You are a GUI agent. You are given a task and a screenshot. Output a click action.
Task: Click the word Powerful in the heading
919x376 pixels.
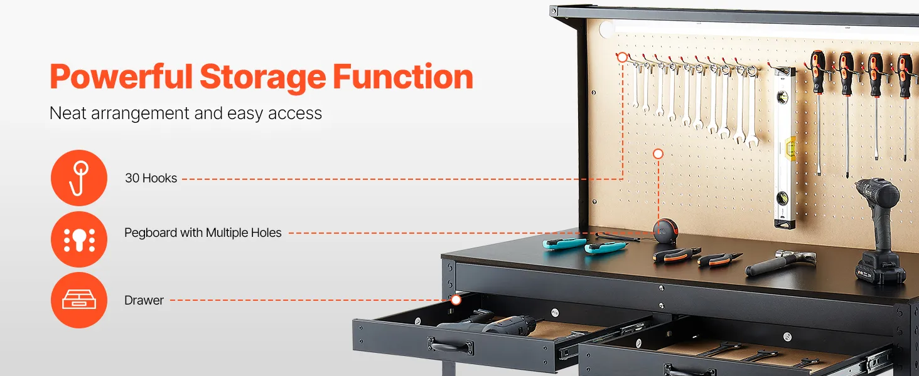[121, 76]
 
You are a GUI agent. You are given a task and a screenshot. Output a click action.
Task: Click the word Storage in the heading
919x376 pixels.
[262, 76]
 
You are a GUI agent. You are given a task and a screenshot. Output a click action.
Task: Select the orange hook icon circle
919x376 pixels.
[79, 178]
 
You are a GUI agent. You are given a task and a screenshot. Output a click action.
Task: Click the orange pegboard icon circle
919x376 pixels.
[79, 239]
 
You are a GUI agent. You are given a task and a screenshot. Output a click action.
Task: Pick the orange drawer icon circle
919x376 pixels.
[79, 300]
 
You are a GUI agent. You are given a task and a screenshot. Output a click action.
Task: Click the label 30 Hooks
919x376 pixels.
[151, 178]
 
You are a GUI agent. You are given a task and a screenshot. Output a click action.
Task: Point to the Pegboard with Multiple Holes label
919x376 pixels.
[203, 233]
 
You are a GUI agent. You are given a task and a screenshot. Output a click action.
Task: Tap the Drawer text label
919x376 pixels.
[144, 301]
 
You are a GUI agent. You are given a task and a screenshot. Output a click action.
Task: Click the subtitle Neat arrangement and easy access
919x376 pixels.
[185, 113]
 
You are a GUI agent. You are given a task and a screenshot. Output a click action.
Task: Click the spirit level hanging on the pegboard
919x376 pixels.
[785, 147]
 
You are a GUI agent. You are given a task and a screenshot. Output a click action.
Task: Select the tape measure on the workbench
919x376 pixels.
[665, 231]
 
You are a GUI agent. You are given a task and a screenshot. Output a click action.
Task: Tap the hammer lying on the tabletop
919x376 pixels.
[780, 262]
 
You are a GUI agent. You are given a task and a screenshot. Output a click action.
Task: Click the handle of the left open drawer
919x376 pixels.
[449, 345]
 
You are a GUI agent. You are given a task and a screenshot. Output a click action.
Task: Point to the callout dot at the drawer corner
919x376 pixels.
[456, 300]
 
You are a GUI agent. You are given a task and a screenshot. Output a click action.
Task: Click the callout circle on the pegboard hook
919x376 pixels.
[622, 58]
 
